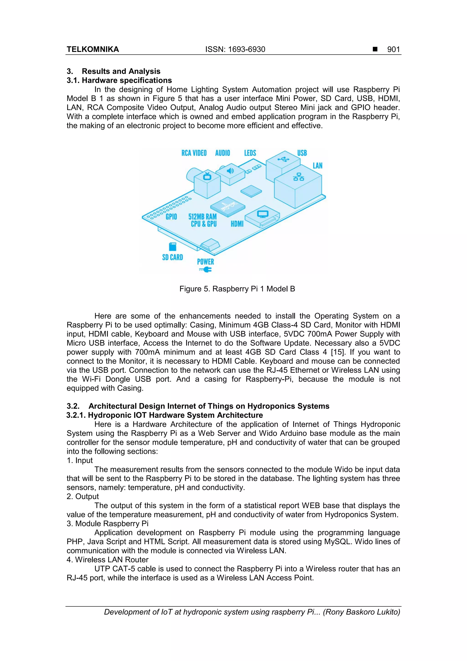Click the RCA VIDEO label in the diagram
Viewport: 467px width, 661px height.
pos(194,153)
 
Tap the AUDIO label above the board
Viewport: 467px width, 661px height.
pos(222,153)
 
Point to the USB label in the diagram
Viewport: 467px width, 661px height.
pos(302,153)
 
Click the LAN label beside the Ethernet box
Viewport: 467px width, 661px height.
pos(317,166)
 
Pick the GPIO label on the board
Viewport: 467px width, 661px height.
pos(171,217)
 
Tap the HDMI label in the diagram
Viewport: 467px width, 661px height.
pos(237,224)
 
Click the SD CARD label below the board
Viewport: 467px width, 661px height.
pos(172,257)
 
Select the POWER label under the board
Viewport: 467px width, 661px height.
pos(205,262)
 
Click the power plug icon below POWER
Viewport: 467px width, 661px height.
pos(205,269)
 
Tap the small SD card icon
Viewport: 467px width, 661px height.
pos(172,247)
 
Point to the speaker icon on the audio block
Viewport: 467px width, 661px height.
pos(230,171)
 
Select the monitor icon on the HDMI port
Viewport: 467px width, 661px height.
pos(262,214)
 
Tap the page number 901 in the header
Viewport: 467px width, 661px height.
pos(393,50)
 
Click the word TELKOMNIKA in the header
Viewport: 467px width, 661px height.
pos(93,50)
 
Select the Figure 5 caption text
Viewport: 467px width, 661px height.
pos(237,289)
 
